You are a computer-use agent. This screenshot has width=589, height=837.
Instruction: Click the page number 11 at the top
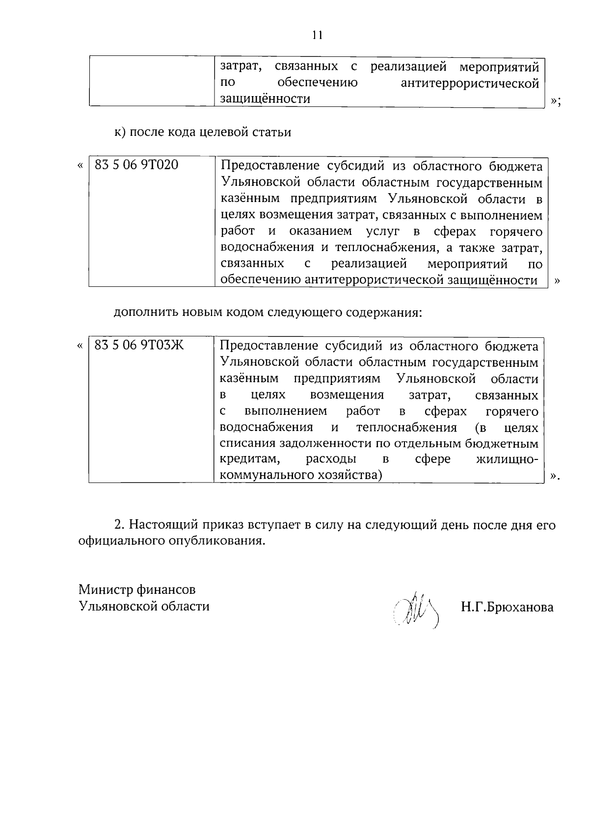(x=317, y=35)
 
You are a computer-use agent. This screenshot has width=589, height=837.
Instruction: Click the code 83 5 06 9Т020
(x=136, y=165)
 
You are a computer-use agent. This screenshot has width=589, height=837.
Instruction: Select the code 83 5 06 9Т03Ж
(x=139, y=345)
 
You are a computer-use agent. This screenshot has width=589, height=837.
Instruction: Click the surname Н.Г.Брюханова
(x=507, y=607)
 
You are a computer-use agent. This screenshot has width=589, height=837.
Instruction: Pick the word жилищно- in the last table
(x=507, y=459)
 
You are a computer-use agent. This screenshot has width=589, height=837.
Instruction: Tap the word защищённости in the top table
(x=265, y=99)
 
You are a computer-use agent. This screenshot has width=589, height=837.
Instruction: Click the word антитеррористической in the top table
(x=470, y=83)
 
